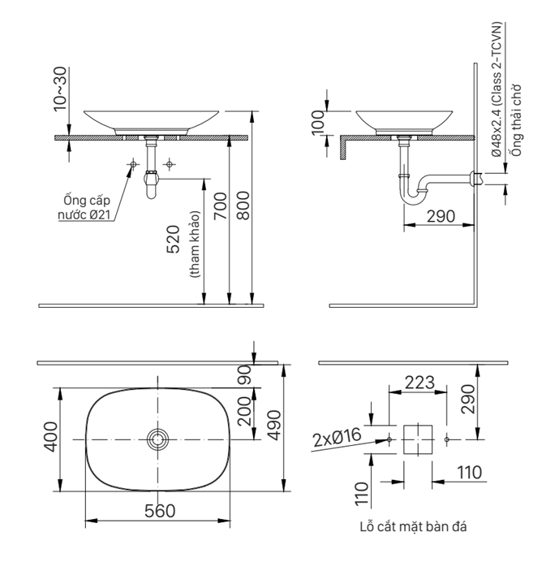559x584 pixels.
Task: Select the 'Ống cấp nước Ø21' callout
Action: coord(85,207)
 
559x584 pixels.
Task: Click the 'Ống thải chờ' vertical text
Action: coord(514,120)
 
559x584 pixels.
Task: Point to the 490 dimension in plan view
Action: coord(273,422)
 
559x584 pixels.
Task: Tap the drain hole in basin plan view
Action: coord(157,439)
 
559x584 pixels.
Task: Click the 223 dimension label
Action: coord(419,382)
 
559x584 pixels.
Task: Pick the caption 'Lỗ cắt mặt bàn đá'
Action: coord(413,526)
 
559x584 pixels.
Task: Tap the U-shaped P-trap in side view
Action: coord(415,191)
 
